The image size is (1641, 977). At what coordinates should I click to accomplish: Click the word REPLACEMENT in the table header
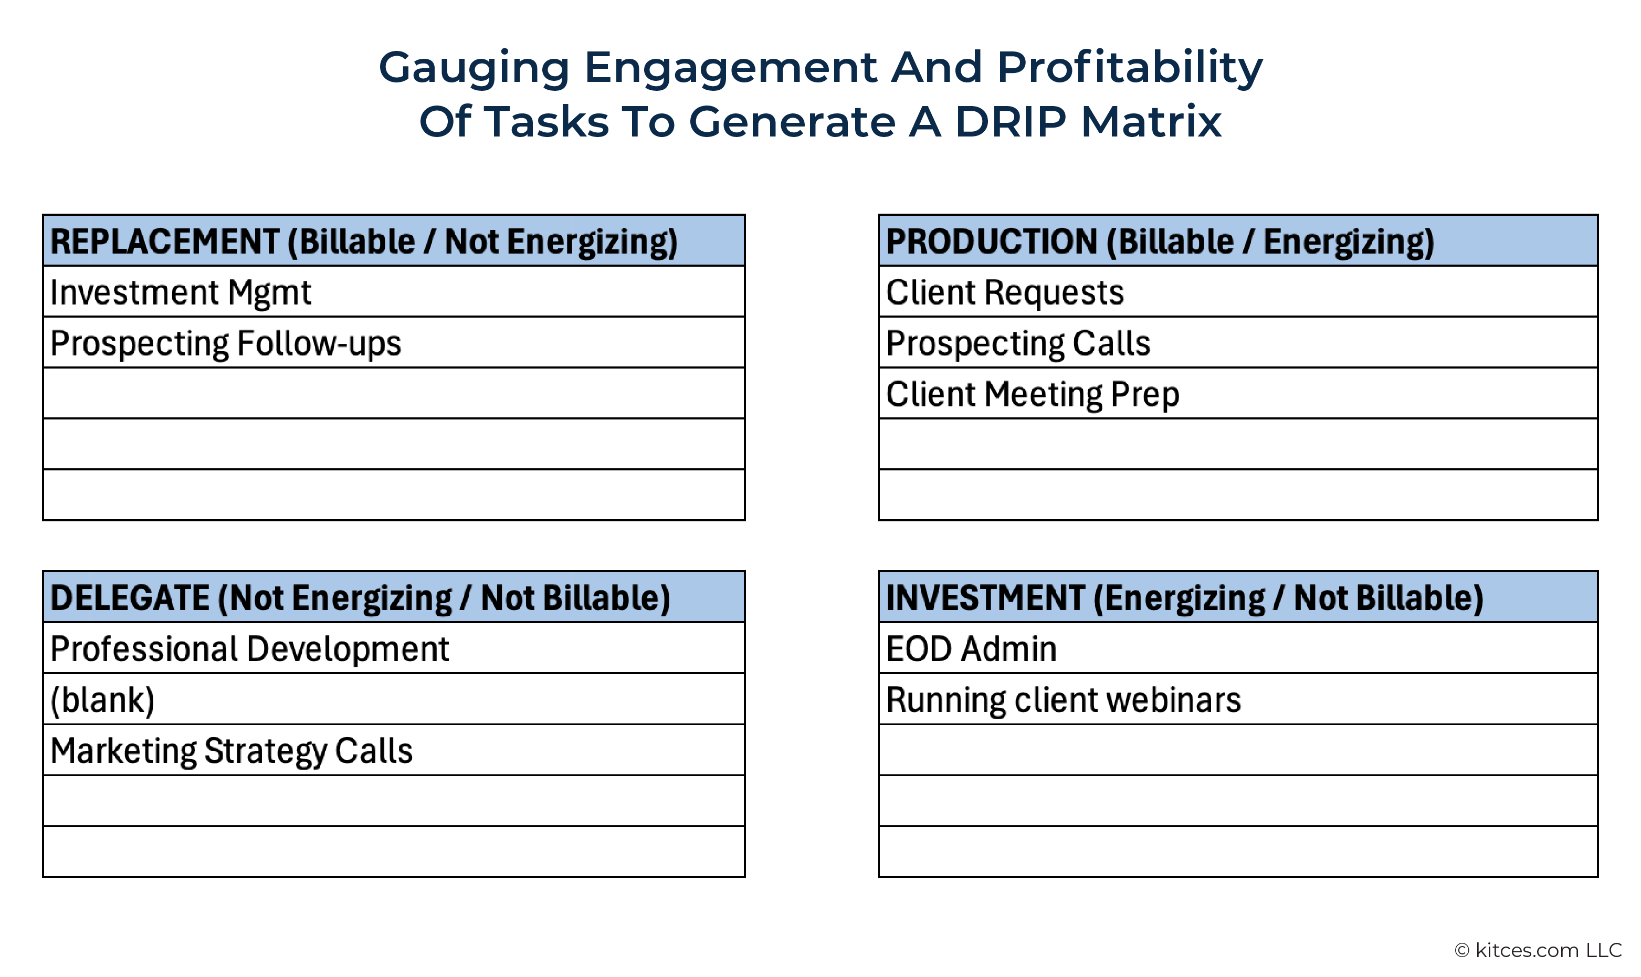tap(164, 241)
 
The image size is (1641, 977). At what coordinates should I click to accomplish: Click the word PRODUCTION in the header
tap(991, 241)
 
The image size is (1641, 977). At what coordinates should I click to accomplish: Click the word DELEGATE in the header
tap(130, 598)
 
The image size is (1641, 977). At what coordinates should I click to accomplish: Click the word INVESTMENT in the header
tap(985, 598)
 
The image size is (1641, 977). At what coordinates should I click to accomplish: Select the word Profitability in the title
tap(1130, 68)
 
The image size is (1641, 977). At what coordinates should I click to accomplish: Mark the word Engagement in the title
tap(731, 68)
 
